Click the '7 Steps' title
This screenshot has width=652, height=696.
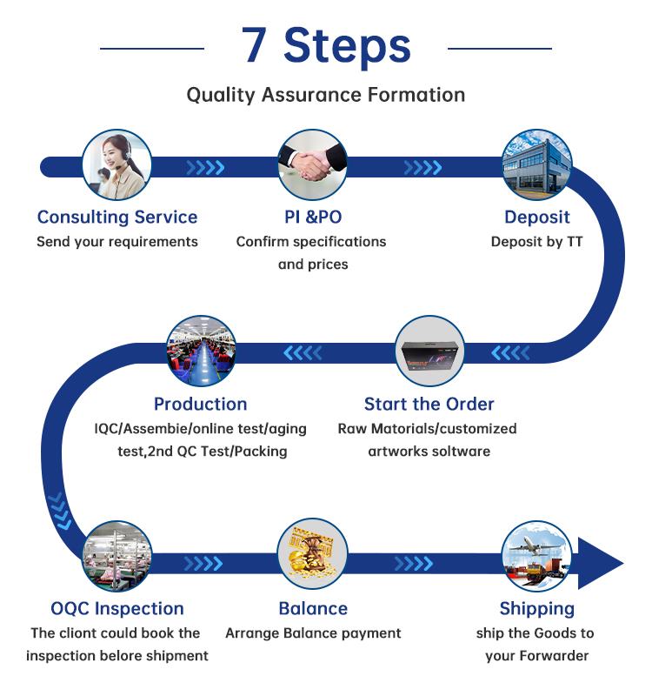326,45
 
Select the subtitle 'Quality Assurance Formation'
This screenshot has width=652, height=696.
326,94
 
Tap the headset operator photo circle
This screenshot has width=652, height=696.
116,165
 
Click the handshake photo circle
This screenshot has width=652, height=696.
313,165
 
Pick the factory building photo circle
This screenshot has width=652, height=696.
537,165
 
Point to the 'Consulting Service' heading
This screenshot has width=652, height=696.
117,217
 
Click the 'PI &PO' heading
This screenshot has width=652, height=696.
313,217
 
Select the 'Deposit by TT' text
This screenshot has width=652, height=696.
537,242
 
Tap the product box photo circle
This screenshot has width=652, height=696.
429,351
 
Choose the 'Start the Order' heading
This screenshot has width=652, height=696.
429,404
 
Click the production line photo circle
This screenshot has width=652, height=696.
201,351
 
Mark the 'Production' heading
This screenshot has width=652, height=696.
201,404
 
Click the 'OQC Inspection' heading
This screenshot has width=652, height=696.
117,608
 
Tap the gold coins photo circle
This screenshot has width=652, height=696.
313,555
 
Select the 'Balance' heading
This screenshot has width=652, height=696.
313,608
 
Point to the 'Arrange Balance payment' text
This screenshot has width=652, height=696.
313,633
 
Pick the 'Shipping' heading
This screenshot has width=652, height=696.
537,608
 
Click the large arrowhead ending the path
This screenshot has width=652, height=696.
600,563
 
